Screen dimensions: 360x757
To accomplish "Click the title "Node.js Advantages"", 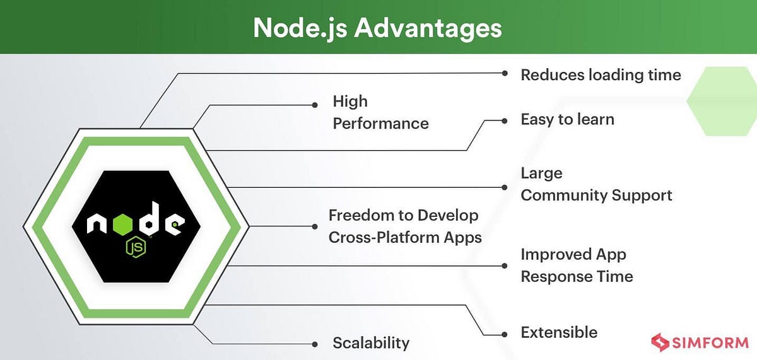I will (378, 28).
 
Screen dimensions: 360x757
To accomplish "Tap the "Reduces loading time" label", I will (601, 75).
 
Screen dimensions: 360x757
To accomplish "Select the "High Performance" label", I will (380, 112).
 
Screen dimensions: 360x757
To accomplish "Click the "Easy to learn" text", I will (567, 119).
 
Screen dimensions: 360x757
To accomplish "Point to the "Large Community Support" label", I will (596, 184).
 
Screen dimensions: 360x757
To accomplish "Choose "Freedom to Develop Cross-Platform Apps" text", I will (404, 226).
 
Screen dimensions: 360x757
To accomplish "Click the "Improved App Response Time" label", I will (577, 265).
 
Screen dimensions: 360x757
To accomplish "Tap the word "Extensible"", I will (558, 332).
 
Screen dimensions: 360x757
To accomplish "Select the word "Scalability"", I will (371, 343).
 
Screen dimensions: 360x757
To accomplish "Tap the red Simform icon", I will (660, 343).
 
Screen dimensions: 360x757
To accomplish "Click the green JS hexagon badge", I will (136, 247).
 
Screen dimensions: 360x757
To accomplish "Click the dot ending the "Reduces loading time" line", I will (505, 73).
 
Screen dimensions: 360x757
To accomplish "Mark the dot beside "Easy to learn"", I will (505, 119).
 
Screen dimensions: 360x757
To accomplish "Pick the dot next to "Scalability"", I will (315, 344).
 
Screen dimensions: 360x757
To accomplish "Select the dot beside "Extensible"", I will (505, 334).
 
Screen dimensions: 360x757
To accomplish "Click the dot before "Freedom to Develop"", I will (315, 226).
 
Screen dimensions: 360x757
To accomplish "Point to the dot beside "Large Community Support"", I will (505, 187).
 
